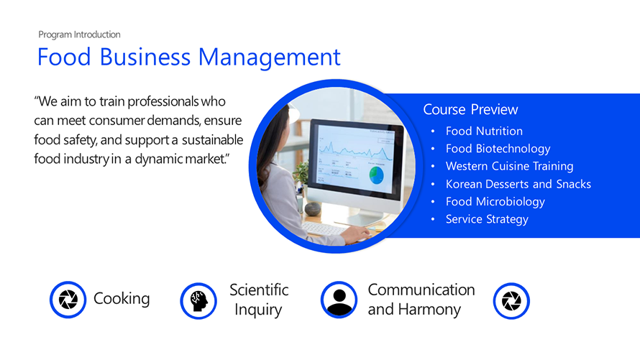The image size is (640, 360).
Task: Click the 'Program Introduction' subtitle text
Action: [x=79, y=34]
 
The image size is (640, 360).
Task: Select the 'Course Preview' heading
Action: [x=470, y=109]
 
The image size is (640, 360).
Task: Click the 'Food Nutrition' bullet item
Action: [x=484, y=131]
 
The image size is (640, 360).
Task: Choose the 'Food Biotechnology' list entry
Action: [x=498, y=149]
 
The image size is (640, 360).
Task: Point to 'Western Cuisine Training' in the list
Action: [x=509, y=166]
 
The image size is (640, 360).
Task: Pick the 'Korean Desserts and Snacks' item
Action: [x=518, y=184]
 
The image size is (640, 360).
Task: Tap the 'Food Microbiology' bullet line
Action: [x=495, y=201]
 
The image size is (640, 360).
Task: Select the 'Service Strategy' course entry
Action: [x=487, y=219]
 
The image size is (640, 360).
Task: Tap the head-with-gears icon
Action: [x=198, y=300]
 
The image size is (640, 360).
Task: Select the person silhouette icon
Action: [x=339, y=300]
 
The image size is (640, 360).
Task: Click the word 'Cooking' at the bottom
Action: [x=122, y=299]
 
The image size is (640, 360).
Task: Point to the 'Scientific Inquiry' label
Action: [x=259, y=300]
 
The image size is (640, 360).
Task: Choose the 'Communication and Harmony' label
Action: [x=421, y=300]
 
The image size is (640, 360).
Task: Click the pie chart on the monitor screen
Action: [x=376, y=175]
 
